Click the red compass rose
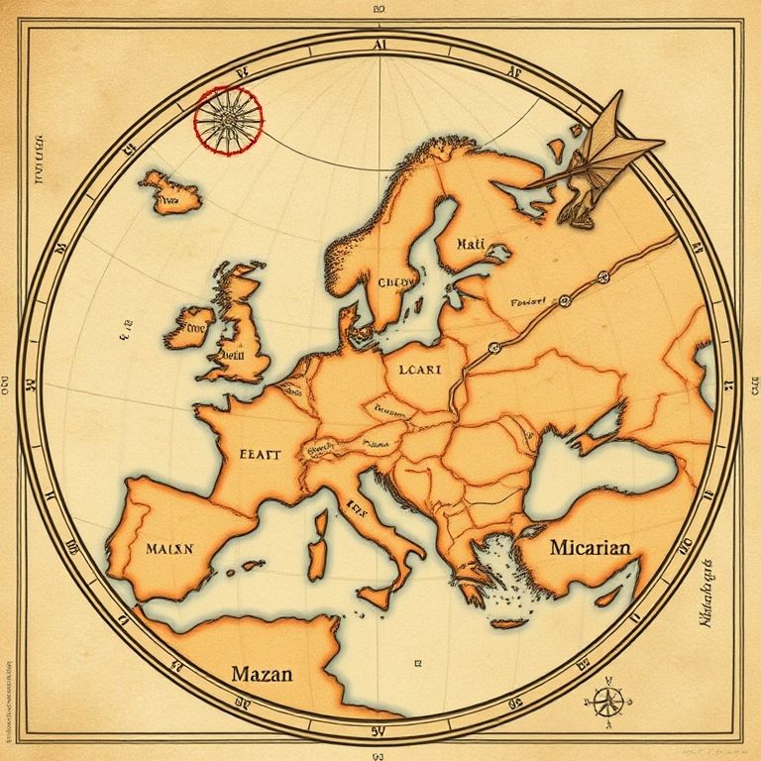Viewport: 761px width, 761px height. point(228,120)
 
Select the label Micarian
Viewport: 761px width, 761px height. point(590,547)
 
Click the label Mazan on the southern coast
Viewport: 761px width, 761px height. point(262,675)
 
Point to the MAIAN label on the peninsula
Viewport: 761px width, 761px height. point(174,547)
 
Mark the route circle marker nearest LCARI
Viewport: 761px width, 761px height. point(490,347)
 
